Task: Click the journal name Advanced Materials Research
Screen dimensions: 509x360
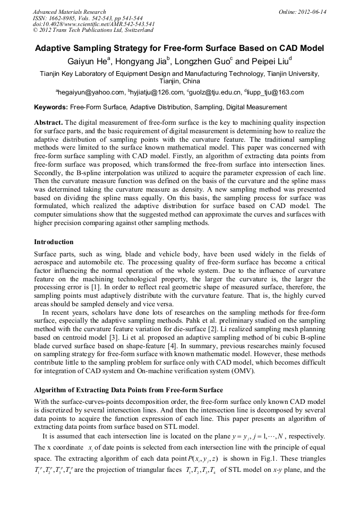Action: click(69, 12)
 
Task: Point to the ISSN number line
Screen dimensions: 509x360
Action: click(88, 18)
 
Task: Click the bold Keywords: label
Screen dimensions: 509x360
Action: click(51, 107)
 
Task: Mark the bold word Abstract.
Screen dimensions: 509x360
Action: click(48, 122)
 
